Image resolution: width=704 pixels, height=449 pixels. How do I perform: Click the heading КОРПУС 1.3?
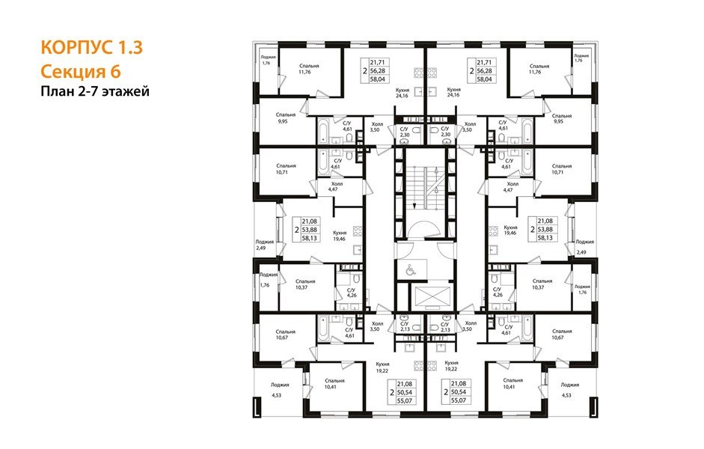[91, 48]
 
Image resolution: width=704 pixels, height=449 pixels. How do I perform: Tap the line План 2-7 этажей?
[95, 91]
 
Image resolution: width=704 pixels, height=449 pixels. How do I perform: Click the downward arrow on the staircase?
[413, 198]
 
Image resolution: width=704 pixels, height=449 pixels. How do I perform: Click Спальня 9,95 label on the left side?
[285, 117]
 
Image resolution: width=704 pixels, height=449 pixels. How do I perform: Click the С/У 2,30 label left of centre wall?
[404, 132]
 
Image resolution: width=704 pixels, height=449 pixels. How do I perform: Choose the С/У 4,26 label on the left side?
[351, 291]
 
